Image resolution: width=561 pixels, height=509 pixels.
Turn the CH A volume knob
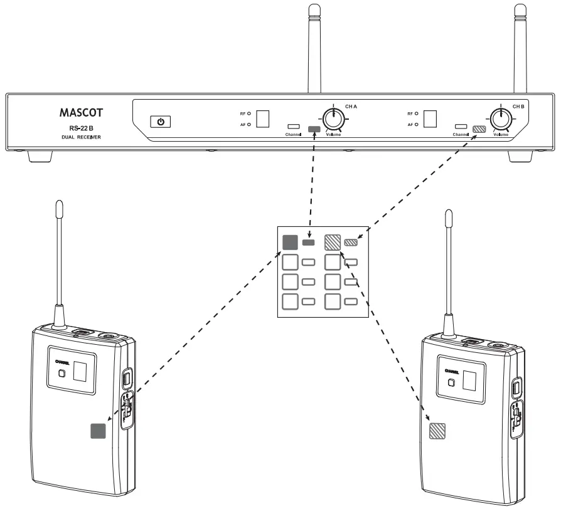(332, 117)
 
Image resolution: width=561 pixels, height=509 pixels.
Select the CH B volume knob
(500, 117)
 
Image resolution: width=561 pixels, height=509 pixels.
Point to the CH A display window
(264, 119)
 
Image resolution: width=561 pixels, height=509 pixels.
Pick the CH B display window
(430, 119)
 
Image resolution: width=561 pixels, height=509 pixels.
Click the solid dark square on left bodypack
(98, 431)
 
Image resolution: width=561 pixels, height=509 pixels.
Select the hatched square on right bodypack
(437, 431)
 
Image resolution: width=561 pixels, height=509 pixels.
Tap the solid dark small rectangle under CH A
(315, 130)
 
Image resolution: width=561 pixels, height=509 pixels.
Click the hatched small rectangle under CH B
(480, 130)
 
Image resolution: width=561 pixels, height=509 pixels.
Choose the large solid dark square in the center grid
(289, 242)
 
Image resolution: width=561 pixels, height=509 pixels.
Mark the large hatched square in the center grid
(332, 242)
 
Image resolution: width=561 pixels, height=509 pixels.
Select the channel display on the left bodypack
(80, 371)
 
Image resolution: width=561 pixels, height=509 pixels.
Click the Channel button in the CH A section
(293, 126)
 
